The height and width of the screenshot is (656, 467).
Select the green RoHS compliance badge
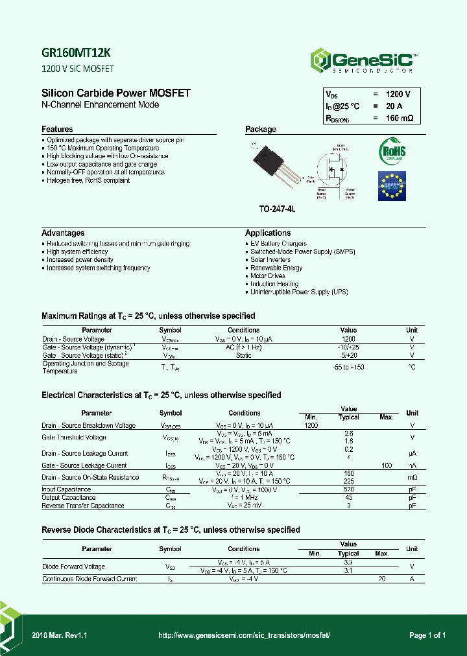(392, 151)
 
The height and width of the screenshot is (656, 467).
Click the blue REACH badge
(392, 186)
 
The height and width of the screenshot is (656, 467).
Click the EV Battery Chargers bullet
(279, 244)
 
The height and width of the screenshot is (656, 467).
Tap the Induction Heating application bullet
(274, 284)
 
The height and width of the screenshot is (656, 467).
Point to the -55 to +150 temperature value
(348, 367)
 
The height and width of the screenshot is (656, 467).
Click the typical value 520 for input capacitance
(348, 489)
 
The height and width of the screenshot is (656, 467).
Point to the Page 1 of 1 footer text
(427, 636)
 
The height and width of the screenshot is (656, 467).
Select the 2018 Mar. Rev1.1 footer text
(59, 636)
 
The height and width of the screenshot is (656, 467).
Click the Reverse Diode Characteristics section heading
(171, 530)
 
